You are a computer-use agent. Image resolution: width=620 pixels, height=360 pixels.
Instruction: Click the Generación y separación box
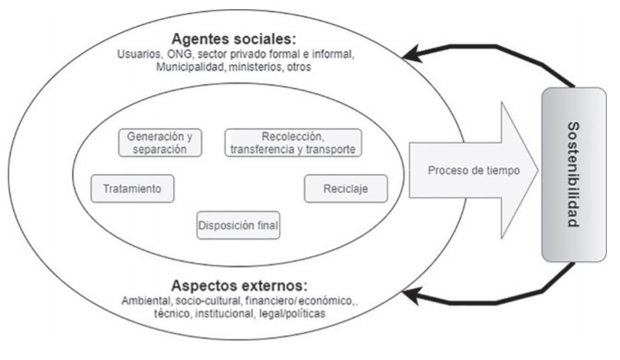(160, 142)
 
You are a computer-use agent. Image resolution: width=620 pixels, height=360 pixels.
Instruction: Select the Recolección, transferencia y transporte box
(293, 142)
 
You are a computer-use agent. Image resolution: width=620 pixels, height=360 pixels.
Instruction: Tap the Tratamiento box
(132, 188)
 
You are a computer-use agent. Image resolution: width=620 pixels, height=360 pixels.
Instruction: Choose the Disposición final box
(238, 225)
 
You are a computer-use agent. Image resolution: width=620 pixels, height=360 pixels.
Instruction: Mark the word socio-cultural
(210, 299)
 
